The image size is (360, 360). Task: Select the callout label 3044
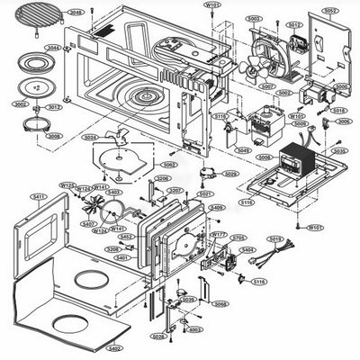(54, 47)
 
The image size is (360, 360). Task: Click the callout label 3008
(55, 136)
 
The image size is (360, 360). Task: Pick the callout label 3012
(54, 107)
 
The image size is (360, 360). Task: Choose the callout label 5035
(338, 151)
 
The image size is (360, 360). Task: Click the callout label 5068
(220, 304)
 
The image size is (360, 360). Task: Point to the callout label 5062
(168, 165)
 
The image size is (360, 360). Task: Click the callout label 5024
(90, 138)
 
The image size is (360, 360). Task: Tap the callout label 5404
(247, 249)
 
